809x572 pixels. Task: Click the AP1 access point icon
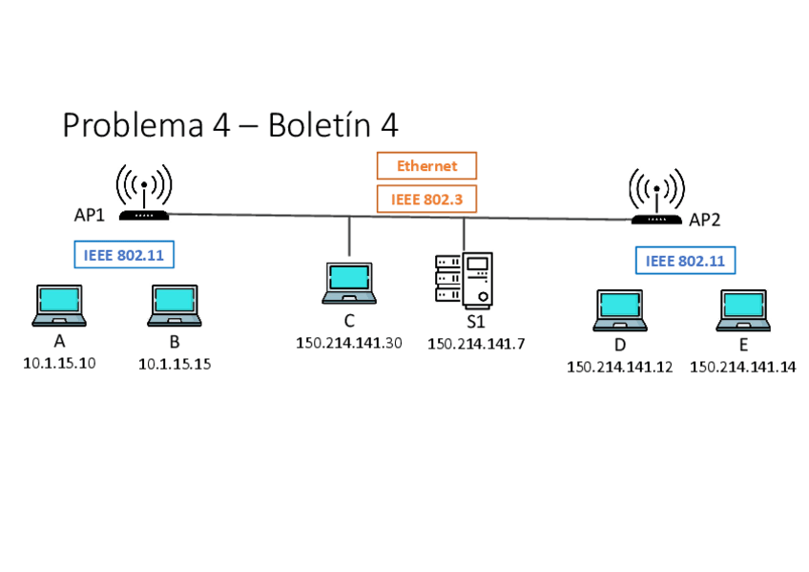tap(144, 193)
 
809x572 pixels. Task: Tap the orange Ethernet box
tap(426, 166)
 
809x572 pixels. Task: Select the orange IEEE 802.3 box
tap(426, 200)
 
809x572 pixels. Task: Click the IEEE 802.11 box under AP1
tap(124, 255)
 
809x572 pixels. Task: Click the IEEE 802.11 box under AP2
tap(685, 261)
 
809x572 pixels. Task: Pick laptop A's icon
tap(59, 306)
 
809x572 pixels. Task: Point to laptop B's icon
tap(175, 306)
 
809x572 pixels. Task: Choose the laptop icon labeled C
tap(349, 283)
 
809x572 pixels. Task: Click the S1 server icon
tap(464, 281)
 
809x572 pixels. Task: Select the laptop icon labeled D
tap(620, 310)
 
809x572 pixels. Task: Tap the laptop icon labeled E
tap(743, 310)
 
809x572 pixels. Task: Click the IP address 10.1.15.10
tap(59, 364)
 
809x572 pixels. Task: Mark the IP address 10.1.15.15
tap(175, 364)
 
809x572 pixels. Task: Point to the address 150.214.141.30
tap(349, 344)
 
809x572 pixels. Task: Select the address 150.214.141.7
tap(476, 344)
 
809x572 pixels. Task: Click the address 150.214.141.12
tap(620, 367)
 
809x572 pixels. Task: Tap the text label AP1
tap(90, 215)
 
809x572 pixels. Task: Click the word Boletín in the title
tap(319, 125)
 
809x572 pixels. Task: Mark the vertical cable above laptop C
tap(349, 236)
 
